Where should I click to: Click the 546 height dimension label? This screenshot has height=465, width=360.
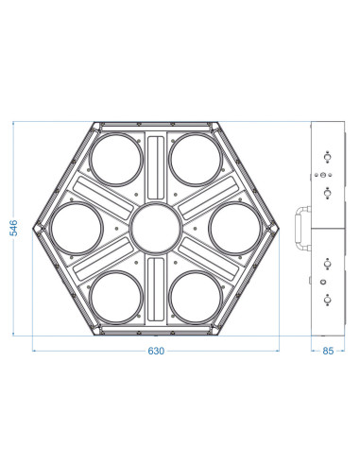(13, 228)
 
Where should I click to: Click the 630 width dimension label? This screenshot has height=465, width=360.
(156, 351)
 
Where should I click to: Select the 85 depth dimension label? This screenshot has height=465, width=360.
(328, 351)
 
